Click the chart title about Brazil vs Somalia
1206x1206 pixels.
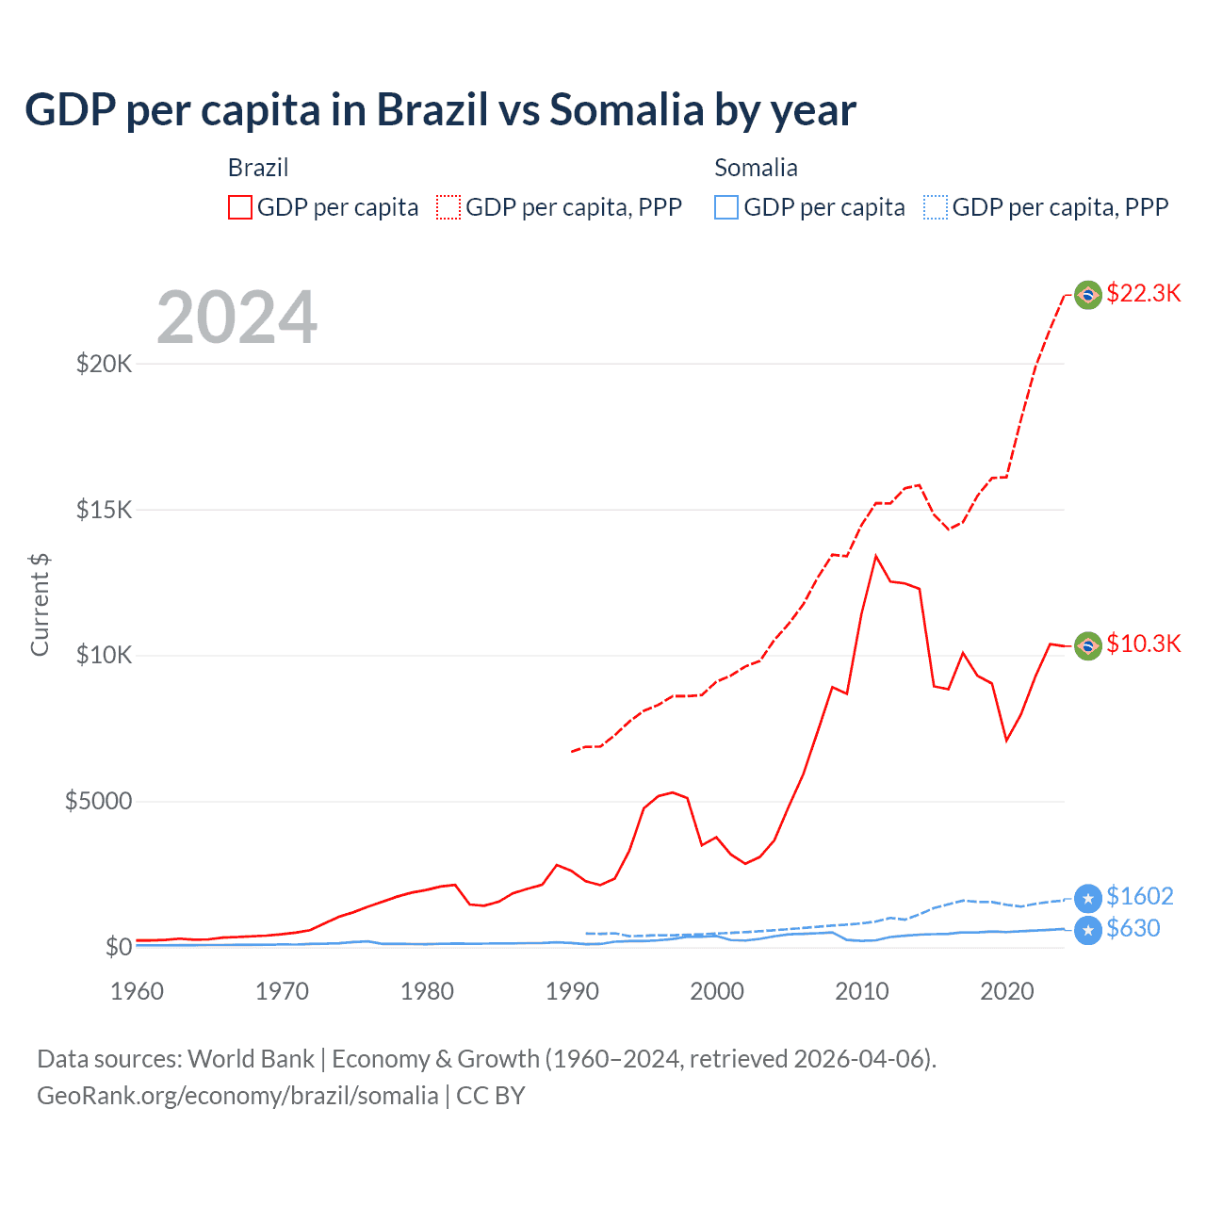pyautogui.click(x=440, y=110)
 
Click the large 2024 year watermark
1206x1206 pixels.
pyautogui.click(x=236, y=318)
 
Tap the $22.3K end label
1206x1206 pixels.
pyautogui.click(x=1143, y=293)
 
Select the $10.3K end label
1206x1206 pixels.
pyautogui.click(x=1143, y=644)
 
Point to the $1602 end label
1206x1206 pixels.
pyautogui.click(x=1139, y=896)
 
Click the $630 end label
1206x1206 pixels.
pyautogui.click(x=1133, y=929)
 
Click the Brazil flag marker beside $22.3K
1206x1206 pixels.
pyautogui.click(x=1088, y=295)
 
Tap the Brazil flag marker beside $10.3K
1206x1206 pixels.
pyautogui.click(x=1088, y=645)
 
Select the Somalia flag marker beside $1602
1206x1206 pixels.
pyautogui.click(x=1088, y=899)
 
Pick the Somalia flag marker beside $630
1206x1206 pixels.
pyautogui.click(x=1088, y=931)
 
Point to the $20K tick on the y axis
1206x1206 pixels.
pyautogui.click(x=104, y=364)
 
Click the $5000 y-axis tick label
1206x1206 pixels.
pyautogui.click(x=98, y=802)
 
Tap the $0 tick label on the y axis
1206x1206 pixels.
pyautogui.click(x=118, y=947)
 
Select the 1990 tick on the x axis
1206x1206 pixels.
pyautogui.click(x=572, y=991)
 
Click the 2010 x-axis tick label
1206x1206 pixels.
pyautogui.click(x=862, y=991)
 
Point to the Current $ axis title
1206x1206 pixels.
pyautogui.click(x=40, y=605)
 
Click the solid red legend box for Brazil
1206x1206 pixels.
pyautogui.click(x=240, y=207)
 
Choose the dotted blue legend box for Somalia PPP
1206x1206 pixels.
pyautogui.click(x=935, y=207)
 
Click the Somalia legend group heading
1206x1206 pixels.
pyautogui.click(x=756, y=168)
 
